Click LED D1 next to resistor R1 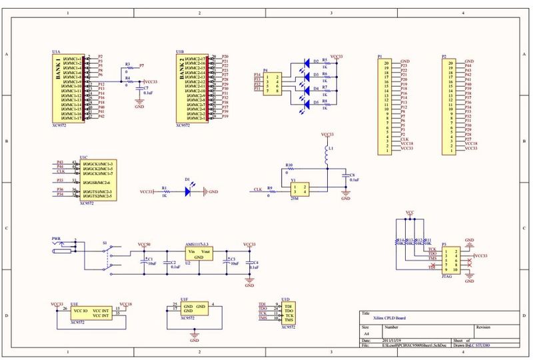click(189, 191)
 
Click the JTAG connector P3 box click(452, 260)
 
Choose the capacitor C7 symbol click(139, 91)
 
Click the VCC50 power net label click(144, 245)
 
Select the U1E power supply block click(87, 312)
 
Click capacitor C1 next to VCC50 click(144, 263)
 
